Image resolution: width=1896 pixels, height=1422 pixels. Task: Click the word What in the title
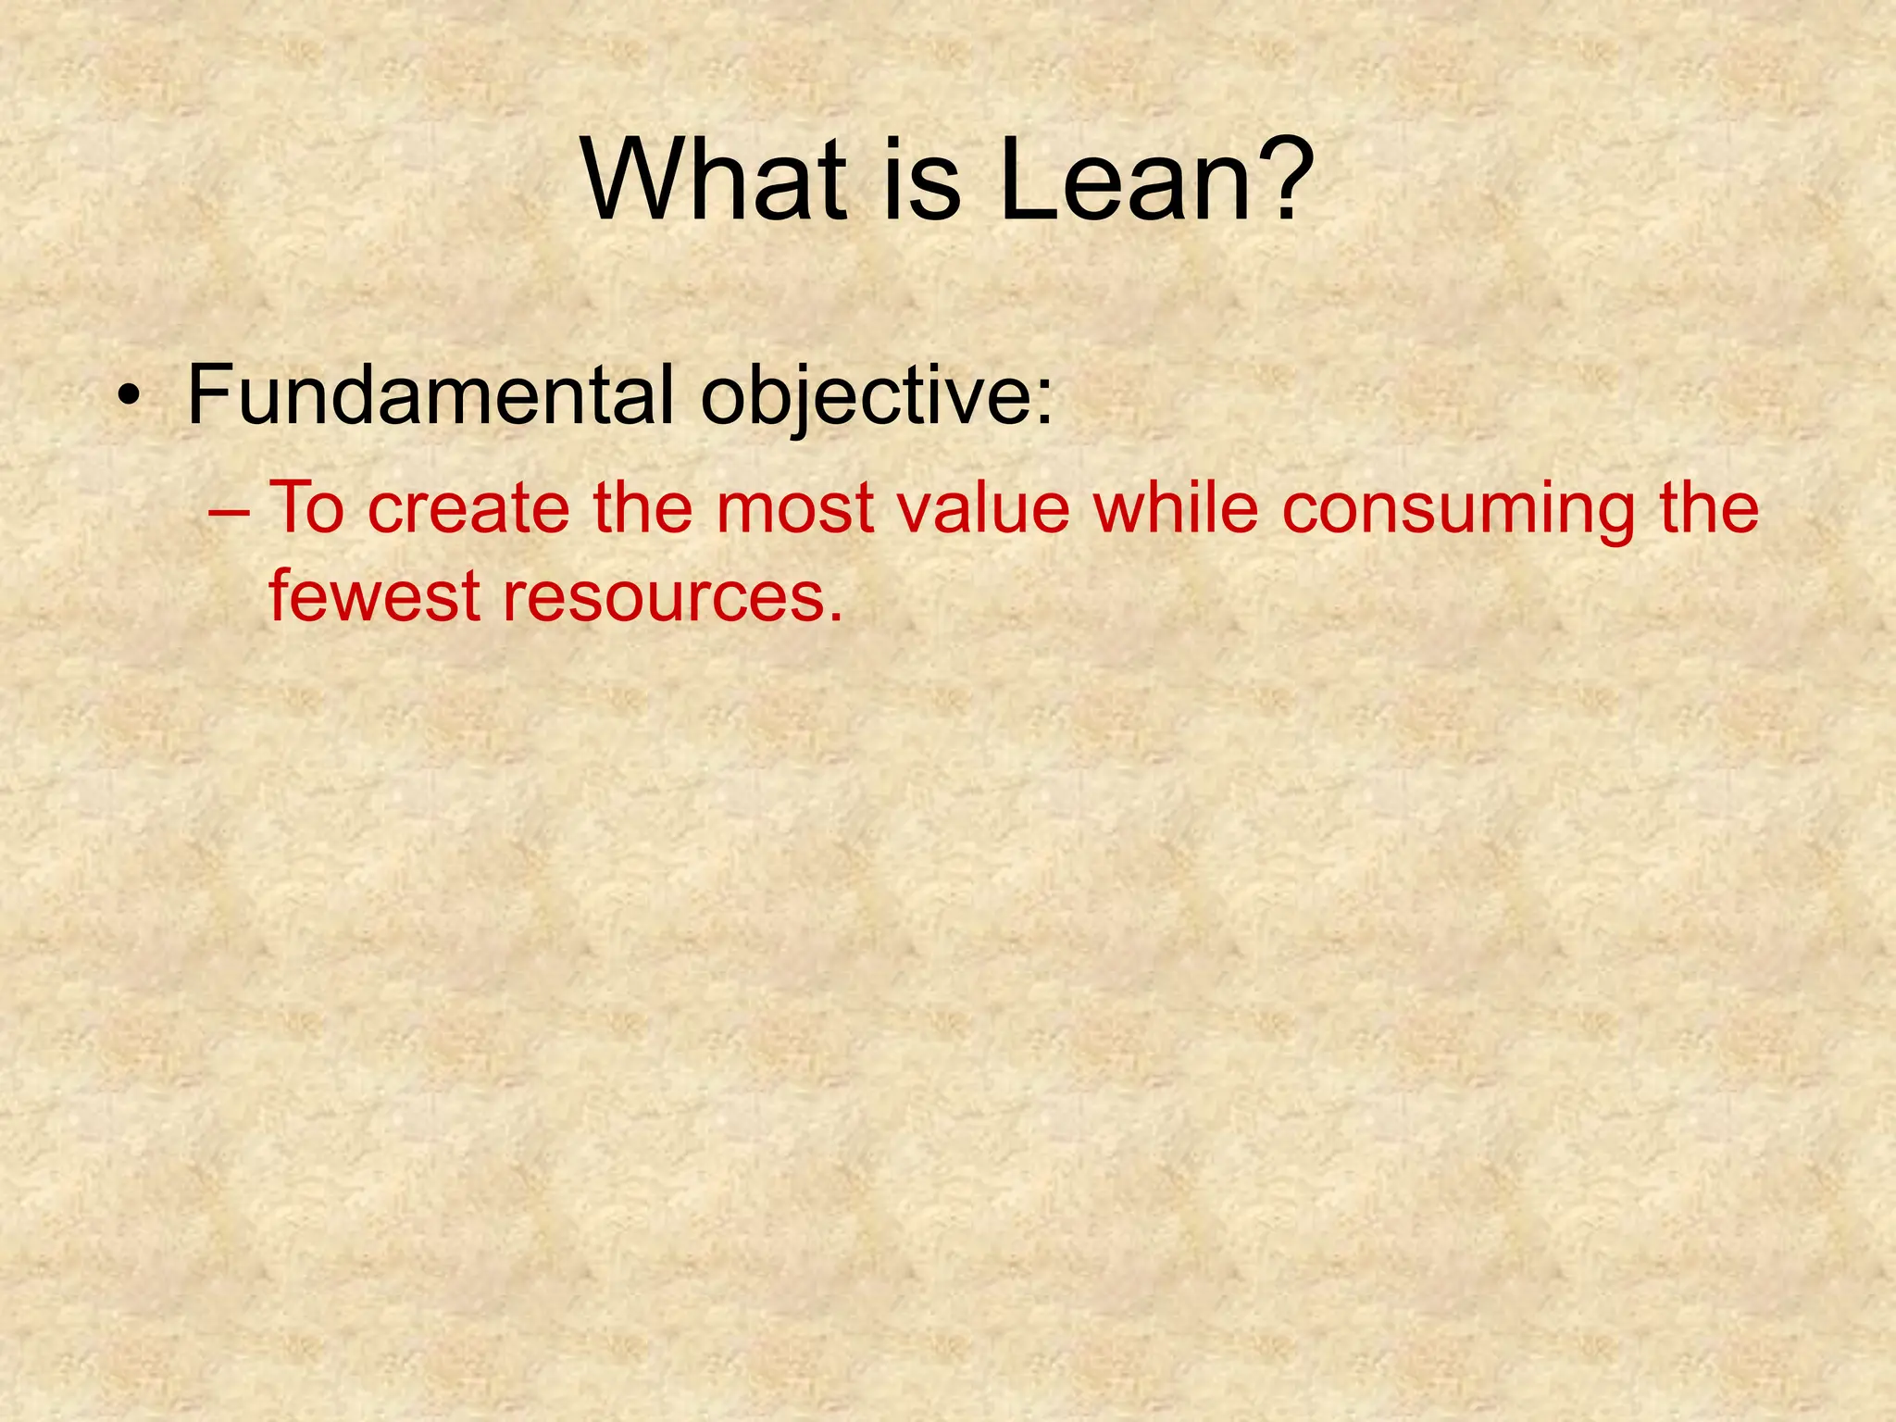(x=713, y=180)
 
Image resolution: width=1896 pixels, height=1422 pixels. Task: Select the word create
(x=468, y=509)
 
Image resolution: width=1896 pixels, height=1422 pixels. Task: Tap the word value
(x=984, y=509)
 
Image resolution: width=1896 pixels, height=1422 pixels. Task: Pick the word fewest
(x=374, y=596)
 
